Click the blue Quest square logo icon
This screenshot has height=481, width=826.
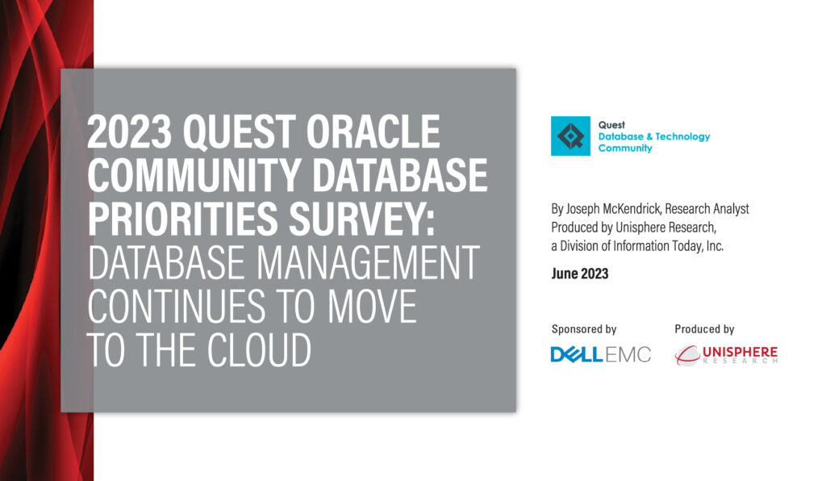click(x=570, y=136)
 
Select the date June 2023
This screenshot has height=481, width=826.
click(x=579, y=274)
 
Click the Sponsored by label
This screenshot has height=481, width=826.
click(x=583, y=329)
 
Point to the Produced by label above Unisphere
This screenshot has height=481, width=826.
click(x=704, y=329)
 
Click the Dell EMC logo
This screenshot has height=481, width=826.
click(x=600, y=354)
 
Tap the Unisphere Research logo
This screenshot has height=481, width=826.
click(x=726, y=354)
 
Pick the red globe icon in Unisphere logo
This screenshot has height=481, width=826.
click(x=686, y=354)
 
